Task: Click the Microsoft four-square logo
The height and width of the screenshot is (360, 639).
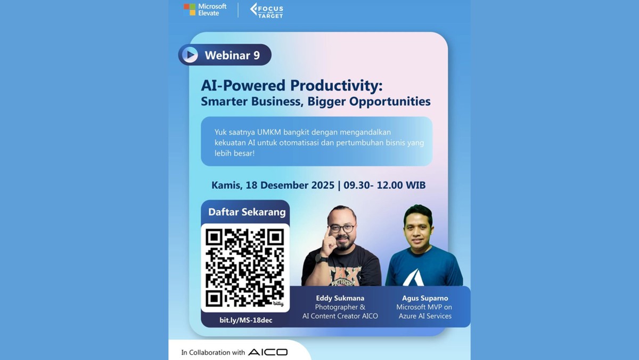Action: click(190, 10)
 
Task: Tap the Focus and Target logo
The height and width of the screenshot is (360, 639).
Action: click(267, 10)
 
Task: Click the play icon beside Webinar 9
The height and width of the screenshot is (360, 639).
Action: click(189, 55)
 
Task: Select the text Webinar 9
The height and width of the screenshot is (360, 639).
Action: click(232, 55)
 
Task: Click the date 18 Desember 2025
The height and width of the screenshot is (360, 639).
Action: click(290, 185)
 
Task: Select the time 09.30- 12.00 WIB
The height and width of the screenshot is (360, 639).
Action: click(384, 185)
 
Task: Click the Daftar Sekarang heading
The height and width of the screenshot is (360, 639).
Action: click(247, 212)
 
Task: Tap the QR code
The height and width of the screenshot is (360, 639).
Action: click(245, 267)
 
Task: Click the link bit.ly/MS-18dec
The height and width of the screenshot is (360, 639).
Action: click(245, 320)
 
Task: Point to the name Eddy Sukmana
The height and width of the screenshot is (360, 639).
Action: click(340, 298)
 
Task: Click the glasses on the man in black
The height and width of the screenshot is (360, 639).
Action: click(341, 228)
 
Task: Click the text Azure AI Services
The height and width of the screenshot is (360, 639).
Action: click(425, 316)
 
